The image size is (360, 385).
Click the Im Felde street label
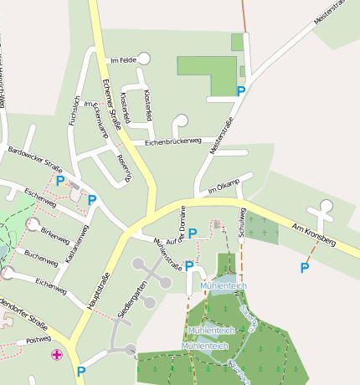tap(122, 60)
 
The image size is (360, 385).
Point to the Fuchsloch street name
tap(74, 109)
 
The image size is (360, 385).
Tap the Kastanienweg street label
tap(78, 243)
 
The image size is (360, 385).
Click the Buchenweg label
tap(41, 255)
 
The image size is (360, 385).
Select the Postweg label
tap(39, 341)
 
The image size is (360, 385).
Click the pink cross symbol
tap(57, 355)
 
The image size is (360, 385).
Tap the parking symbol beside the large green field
tap(241, 91)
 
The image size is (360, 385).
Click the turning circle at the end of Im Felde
tap(144, 58)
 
